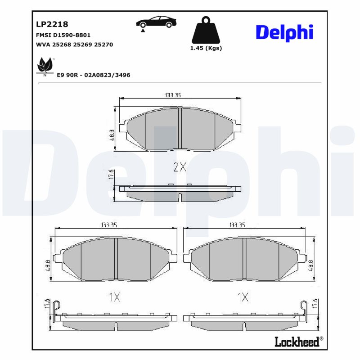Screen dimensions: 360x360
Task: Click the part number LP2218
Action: (52, 24)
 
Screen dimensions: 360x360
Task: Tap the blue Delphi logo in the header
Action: (284, 32)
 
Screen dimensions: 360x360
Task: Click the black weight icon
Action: (207, 30)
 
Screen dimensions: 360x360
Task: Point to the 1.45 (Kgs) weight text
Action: (207, 49)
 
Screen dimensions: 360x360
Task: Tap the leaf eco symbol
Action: (45, 66)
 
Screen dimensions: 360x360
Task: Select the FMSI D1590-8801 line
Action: (63, 35)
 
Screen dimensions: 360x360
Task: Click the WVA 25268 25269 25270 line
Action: (74, 45)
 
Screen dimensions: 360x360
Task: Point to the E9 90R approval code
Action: (93, 75)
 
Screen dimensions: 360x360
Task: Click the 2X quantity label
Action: (180, 167)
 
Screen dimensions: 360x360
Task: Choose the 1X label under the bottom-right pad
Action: (243, 297)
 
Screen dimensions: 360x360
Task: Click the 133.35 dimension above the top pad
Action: (173, 95)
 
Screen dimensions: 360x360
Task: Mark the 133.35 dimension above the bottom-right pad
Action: (237, 225)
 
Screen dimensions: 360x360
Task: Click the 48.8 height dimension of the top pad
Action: (112, 134)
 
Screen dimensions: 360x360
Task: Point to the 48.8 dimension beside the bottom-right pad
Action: (310, 264)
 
